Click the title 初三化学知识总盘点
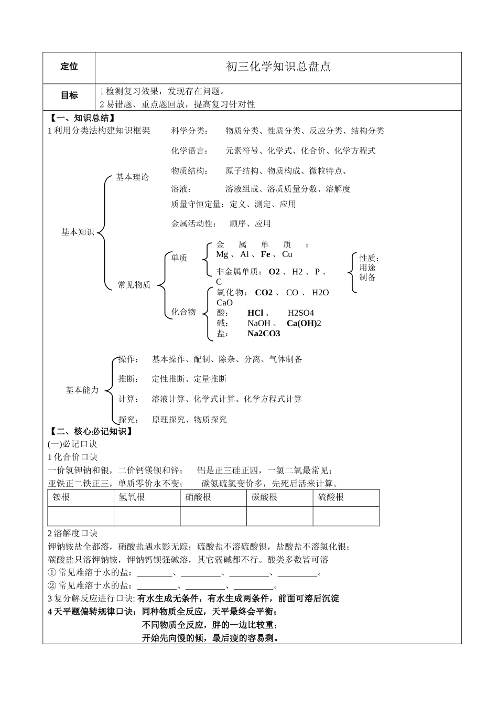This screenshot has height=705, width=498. (278, 67)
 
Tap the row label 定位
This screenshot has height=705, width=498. (69, 67)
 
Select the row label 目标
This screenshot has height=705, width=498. (69, 95)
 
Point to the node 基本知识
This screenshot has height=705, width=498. (78, 232)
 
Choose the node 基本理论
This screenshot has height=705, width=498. (132, 177)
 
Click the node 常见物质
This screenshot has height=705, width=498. (134, 285)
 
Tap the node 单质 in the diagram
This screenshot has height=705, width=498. (179, 258)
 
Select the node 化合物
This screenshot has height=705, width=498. (183, 312)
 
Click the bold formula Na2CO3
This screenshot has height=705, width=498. (264, 334)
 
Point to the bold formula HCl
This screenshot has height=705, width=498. (255, 313)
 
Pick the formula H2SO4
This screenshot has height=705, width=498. (300, 313)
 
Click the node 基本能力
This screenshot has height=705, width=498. (82, 390)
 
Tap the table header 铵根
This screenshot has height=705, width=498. (61, 497)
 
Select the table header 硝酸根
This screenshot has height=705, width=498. (198, 497)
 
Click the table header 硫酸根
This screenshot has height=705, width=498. (331, 497)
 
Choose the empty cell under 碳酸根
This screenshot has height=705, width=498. (279, 516)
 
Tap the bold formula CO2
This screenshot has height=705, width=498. (264, 293)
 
